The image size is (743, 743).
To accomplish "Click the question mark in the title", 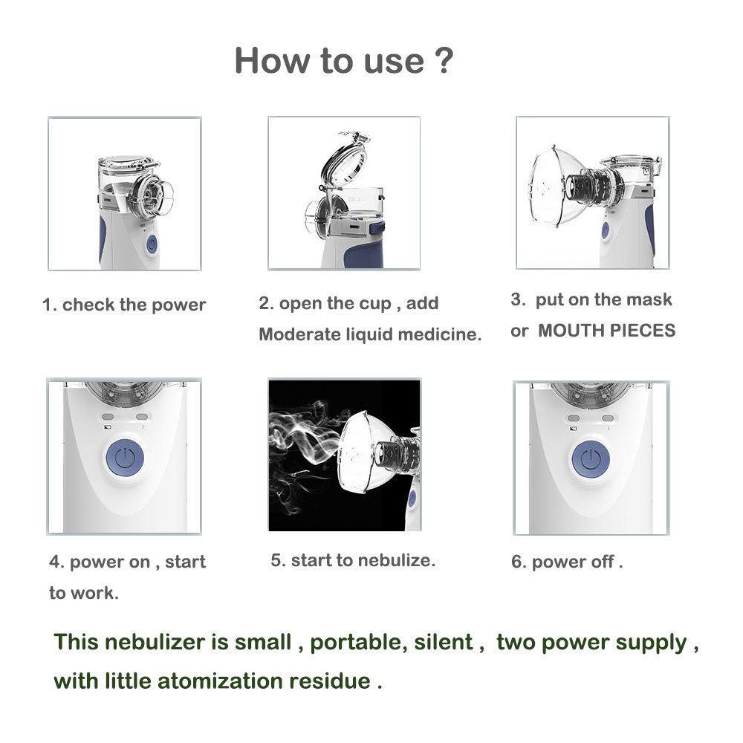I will (x=441, y=60).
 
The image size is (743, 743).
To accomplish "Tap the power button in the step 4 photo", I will (x=124, y=458).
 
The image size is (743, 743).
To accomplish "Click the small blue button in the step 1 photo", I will (x=152, y=244).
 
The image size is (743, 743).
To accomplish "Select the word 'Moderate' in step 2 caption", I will (x=293, y=334).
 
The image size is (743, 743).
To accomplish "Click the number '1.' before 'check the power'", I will (x=49, y=305).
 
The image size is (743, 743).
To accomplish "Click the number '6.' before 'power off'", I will (x=518, y=562).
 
